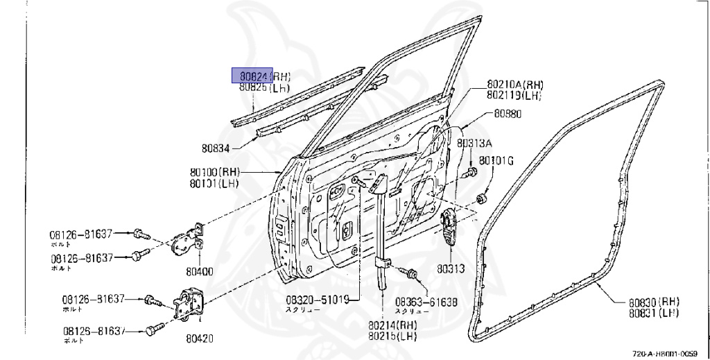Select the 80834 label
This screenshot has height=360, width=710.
click(x=216, y=147)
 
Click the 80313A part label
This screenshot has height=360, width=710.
click(x=474, y=144)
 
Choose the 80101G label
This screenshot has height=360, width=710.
click(x=496, y=161)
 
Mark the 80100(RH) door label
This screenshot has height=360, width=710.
click(x=214, y=172)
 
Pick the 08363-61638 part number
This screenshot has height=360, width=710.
click(x=426, y=302)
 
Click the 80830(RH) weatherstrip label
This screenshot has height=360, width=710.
click(x=654, y=302)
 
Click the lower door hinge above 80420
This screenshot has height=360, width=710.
click(x=189, y=306)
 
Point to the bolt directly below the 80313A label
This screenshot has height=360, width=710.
click(x=472, y=171)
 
